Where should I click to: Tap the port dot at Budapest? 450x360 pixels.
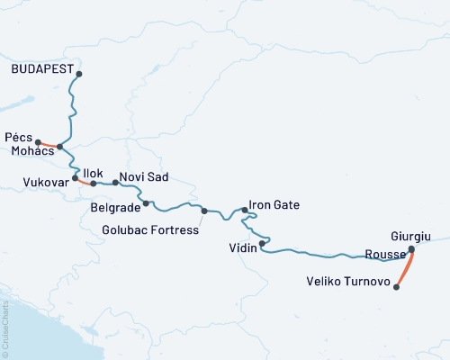[x=79, y=75]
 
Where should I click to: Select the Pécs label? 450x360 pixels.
[x=19, y=137]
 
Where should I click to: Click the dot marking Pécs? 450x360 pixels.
[x=38, y=141]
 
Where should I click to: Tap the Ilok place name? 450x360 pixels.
[x=94, y=172]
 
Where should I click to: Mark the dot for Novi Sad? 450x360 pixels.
[x=115, y=183]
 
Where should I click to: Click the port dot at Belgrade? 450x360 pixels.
[x=146, y=203]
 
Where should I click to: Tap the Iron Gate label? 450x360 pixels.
[x=273, y=206]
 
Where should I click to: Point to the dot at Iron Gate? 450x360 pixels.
[x=244, y=210]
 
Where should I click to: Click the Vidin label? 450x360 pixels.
[x=243, y=248]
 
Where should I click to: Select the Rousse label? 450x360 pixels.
[x=385, y=254]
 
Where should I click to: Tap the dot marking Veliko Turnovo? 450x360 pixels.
[x=397, y=288]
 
